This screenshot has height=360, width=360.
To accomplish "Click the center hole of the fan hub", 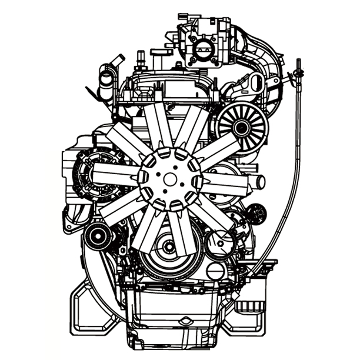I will (170, 178).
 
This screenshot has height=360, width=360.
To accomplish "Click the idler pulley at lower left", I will (98, 236).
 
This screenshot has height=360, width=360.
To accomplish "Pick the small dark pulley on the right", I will (257, 214).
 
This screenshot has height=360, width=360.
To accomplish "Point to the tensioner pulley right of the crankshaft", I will (221, 241).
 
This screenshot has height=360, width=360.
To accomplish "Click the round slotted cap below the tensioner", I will (216, 271).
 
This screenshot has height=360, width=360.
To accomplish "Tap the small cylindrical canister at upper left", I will (106, 82).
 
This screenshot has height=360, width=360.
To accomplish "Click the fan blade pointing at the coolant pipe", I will (226, 182).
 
